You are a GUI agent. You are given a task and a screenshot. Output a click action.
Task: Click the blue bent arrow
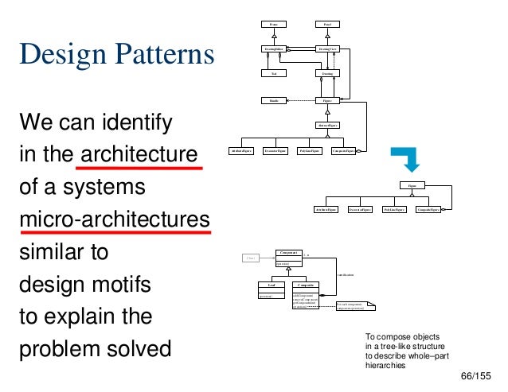[x=410, y=159]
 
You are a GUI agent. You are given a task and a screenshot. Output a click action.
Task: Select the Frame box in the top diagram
[x=273, y=25]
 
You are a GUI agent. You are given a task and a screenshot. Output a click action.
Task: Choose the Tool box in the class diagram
[x=273, y=74]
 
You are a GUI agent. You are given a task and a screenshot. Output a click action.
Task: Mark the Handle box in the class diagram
[x=273, y=100]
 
